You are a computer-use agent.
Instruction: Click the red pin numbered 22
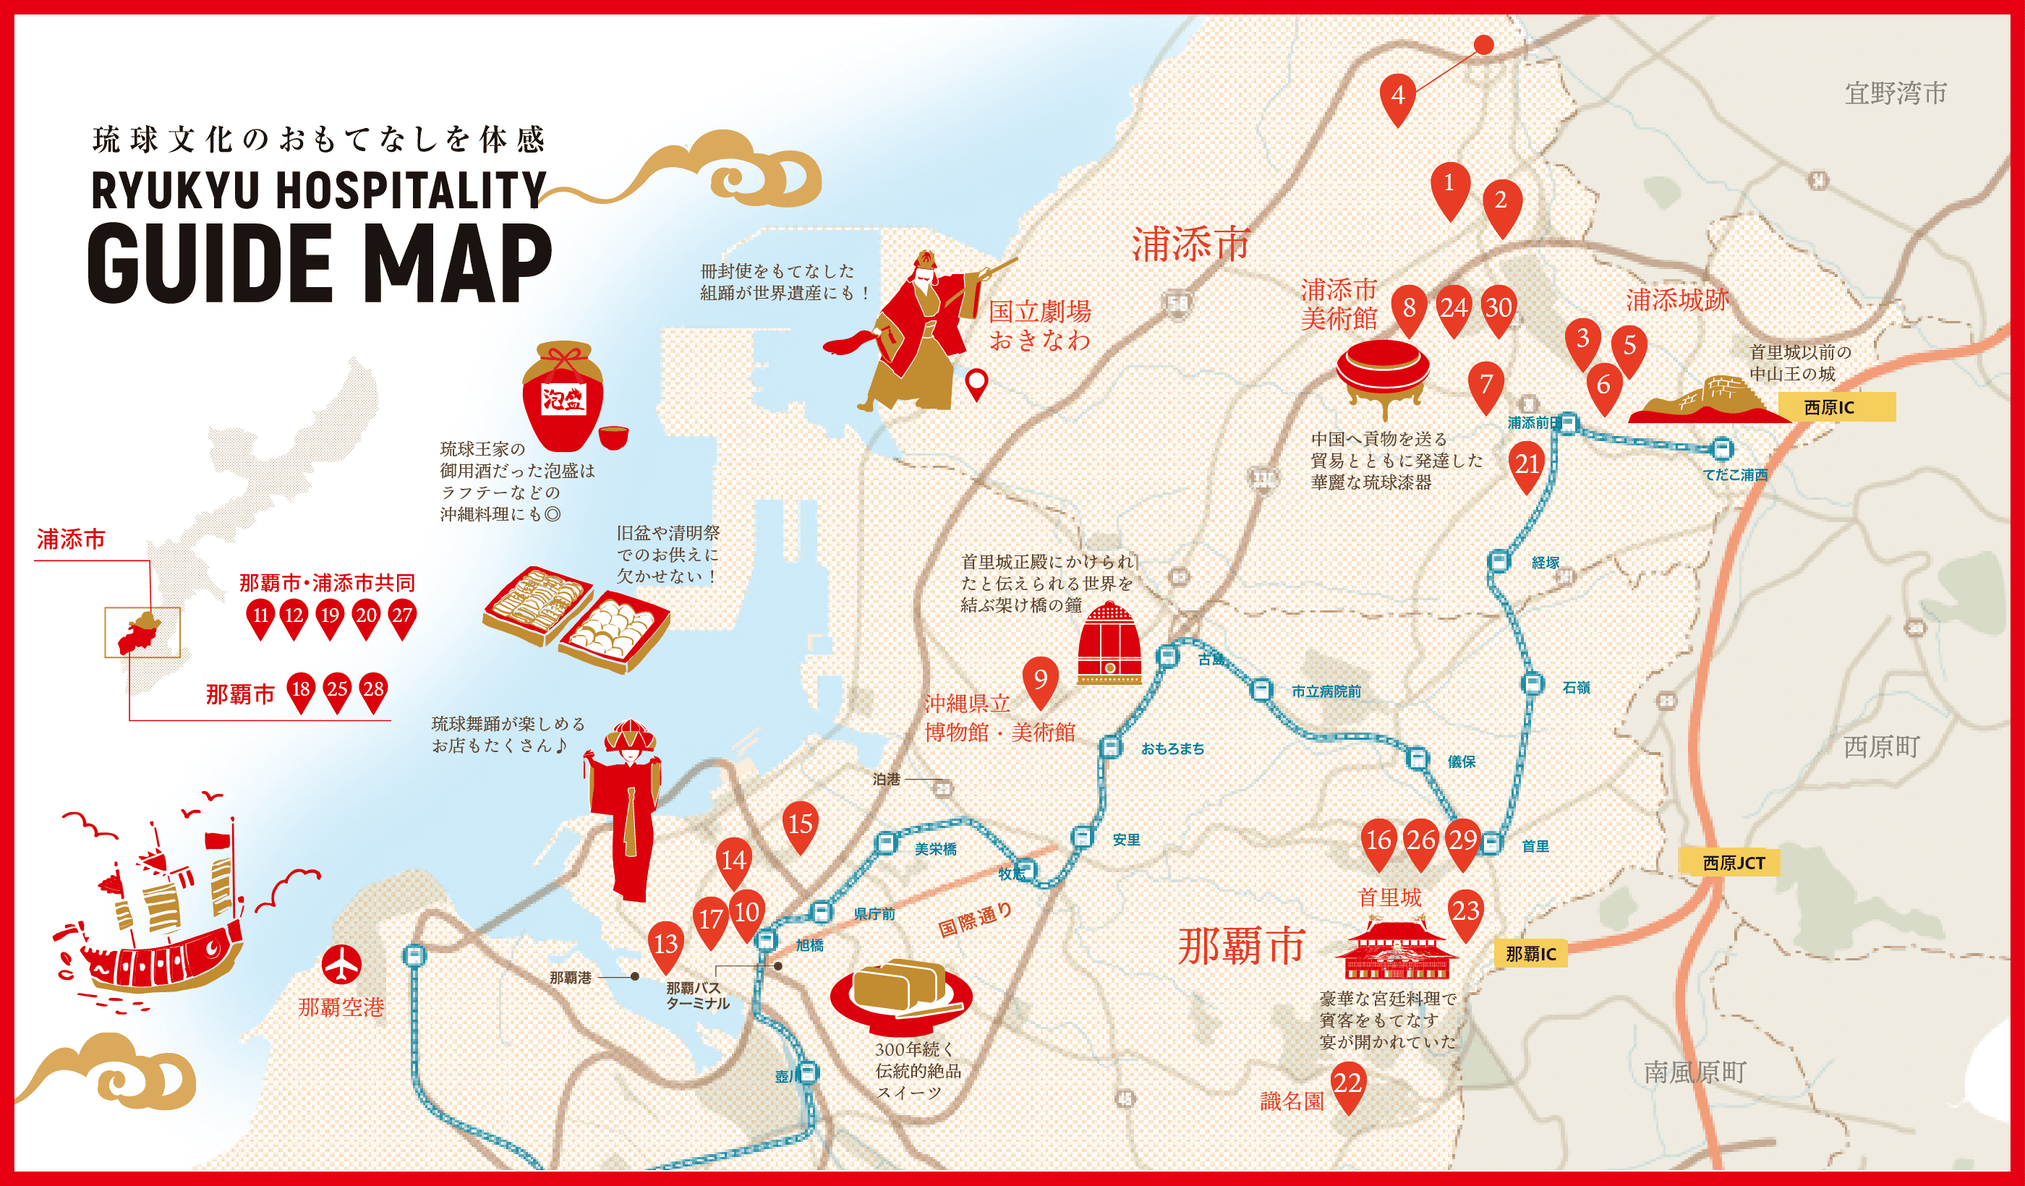tap(1347, 1084)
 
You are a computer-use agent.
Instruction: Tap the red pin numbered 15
tap(801, 824)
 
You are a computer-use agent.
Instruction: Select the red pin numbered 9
tap(1041, 681)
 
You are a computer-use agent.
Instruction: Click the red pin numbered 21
tap(1527, 464)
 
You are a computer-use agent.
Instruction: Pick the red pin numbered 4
tap(1397, 96)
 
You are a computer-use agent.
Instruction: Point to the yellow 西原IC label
tap(1836, 407)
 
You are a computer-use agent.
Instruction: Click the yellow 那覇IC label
tap(1530, 954)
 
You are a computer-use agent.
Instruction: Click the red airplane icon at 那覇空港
tap(341, 964)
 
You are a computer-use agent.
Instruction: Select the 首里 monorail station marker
tap(1491, 844)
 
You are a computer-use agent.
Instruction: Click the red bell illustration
tap(1109, 643)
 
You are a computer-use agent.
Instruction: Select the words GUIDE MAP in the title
tap(320, 263)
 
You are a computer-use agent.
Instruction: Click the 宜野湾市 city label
tap(1896, 93)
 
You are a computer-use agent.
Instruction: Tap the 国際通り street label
tap(975, 921)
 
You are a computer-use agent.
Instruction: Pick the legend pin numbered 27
tap(402, 617)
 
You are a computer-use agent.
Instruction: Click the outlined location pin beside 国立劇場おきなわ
tap(976, 384)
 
